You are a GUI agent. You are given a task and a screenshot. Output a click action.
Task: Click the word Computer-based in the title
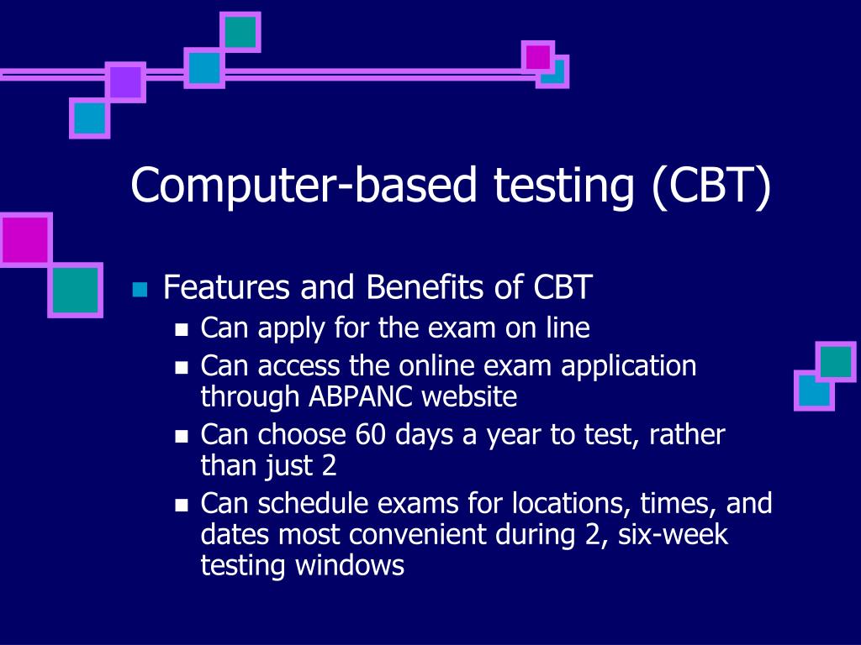[x=304, y=186]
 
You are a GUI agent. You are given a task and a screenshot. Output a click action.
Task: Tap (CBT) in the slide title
[x=711, y=186]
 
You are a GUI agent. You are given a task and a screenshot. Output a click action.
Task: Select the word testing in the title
[x=564, y=187]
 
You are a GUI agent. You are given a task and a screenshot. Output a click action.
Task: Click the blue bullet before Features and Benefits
[x=140, y=289]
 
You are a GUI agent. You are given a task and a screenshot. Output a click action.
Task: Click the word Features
[x=227, y=287]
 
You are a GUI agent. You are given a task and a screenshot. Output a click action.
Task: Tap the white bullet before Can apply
[x=182, y=329]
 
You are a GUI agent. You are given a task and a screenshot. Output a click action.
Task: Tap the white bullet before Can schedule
[x=182, y=505]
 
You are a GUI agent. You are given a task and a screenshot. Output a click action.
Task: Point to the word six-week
[x=673, y=534]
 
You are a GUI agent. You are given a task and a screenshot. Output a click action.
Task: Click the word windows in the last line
[x=350, y=565]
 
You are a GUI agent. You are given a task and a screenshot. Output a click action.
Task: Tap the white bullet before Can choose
[x=182, y=437]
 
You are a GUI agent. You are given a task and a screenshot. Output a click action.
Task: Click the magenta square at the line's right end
[x=537, y=56]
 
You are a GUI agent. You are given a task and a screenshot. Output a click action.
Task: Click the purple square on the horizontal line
[x=126, y=82]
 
